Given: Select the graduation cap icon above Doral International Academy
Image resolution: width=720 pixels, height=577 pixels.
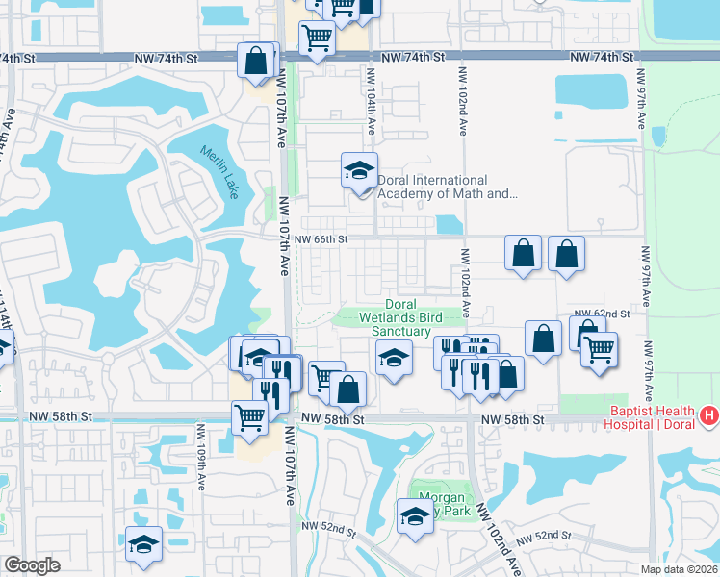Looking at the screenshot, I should (359, 171).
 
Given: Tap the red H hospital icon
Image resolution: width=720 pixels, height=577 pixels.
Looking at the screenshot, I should (709, 414).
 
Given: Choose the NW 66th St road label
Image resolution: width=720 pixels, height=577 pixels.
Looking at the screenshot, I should (320, 239).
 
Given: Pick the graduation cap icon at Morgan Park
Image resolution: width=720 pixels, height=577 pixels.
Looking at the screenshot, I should (416, 516).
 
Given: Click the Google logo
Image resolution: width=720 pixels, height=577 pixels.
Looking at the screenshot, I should (31, 565).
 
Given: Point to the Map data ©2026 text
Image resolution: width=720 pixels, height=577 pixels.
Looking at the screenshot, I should (680, 569).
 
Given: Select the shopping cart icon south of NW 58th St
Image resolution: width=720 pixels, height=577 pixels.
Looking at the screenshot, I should (249, 417).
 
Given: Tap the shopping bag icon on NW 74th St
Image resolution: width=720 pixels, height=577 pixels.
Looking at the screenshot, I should (257, 60).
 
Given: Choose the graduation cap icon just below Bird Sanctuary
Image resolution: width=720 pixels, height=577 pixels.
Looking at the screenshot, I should (392, 360).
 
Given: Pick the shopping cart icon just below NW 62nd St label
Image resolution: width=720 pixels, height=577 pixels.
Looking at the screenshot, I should (599, 348).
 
